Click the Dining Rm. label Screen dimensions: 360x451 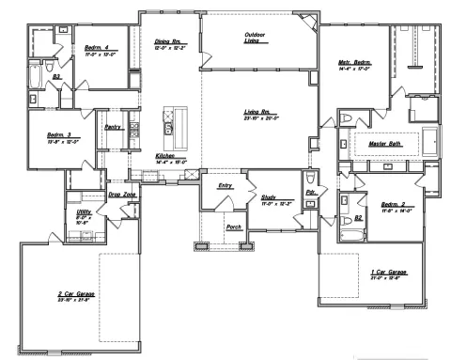click(169, 41)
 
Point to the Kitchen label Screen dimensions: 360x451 click(167, 155)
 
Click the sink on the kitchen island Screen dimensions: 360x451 click(169, 122)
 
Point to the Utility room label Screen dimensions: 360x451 click(83, 213)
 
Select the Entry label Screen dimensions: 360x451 click(225, 186)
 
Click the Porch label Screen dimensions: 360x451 click(234, 227)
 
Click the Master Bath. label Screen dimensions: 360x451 click(385, 144)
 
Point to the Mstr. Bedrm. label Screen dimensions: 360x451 click(356, 64)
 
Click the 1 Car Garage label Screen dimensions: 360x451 click(388, 271)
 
